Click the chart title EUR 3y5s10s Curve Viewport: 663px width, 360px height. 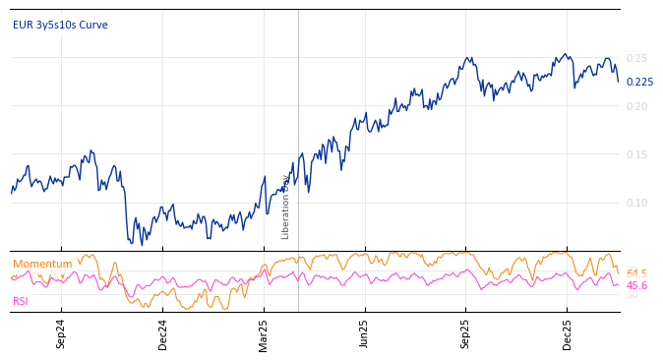60,25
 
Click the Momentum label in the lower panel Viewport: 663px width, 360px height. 42,264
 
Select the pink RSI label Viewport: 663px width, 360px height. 21,301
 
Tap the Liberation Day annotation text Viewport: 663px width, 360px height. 286,207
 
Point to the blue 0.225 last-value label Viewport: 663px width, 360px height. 639,83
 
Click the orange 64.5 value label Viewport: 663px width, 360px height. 636,272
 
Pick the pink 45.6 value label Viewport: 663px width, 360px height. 636,285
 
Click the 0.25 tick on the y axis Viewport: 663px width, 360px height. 636,58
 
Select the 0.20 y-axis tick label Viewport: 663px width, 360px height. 636,106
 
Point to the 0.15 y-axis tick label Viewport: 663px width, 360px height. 636,154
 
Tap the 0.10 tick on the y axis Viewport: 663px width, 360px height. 636,203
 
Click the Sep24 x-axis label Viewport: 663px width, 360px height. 61,333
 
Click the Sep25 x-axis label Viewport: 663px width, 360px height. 465,333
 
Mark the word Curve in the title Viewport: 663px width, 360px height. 92,25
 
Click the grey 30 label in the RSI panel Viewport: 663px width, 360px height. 632,295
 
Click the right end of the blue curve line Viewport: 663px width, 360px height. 619,82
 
